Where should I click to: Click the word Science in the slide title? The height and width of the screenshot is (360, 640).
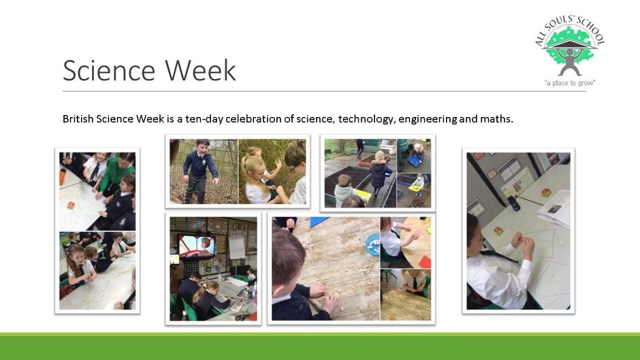109,70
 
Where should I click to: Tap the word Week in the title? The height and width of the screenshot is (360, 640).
200,70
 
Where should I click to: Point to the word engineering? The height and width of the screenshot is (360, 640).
428,119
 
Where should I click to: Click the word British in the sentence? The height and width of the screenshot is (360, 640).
78,119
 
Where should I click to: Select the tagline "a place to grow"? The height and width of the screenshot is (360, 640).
570,83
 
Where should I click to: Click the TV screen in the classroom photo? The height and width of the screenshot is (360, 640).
197,246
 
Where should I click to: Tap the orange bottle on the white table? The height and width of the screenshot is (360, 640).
63,177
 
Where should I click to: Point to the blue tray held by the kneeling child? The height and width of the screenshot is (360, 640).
414,161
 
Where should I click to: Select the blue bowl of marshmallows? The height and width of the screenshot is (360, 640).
372,244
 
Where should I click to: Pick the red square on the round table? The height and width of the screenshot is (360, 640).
424,262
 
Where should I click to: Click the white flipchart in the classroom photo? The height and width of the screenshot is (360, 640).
237,248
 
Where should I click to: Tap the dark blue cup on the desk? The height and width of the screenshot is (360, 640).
513,203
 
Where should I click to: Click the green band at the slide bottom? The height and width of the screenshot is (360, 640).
320,346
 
